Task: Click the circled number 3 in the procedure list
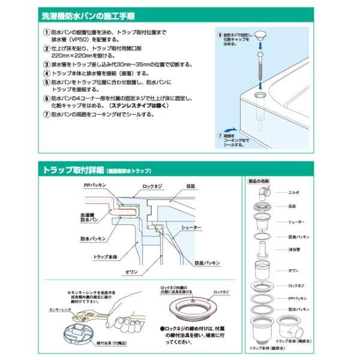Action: pyautogui.click(x=46, y=65)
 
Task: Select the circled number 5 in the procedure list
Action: pyautogui.click(x=46, y=82)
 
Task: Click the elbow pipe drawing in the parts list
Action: pyautogui.click(x=263, y=193)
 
